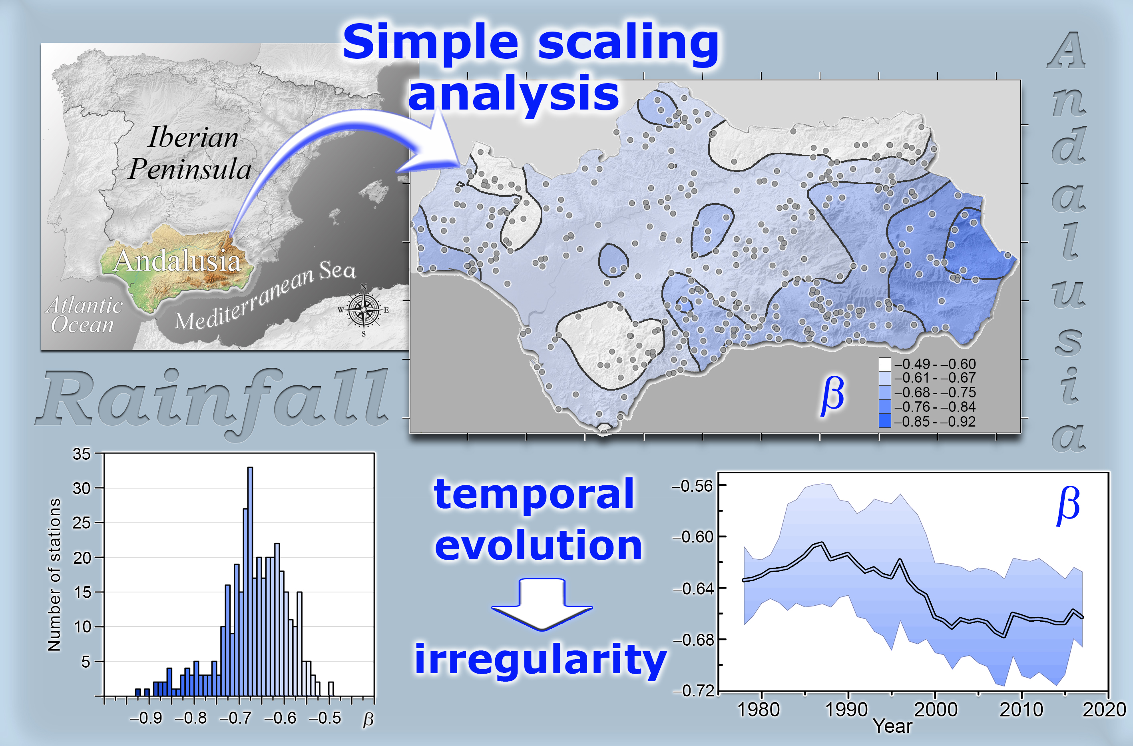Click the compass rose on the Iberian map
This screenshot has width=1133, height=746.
pos(364,310)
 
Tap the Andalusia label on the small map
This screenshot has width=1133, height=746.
pos(177,261)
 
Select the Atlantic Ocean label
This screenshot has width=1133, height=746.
pos(84,315)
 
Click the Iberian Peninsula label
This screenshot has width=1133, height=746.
pos(190,153)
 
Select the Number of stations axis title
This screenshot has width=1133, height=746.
pos(54,574)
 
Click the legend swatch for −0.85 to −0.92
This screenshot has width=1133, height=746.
pos(884,421)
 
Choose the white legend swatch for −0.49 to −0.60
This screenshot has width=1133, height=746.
pos(884,364)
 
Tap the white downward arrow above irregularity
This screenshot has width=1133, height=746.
pos(542,604)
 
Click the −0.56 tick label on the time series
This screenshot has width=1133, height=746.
pos(692,486)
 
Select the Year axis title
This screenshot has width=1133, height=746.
pos(892,726)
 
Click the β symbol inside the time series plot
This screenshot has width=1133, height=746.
pos(1068,506)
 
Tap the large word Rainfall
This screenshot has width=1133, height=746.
pos(212,402)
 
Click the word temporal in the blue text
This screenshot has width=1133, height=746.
pos(534,495)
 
